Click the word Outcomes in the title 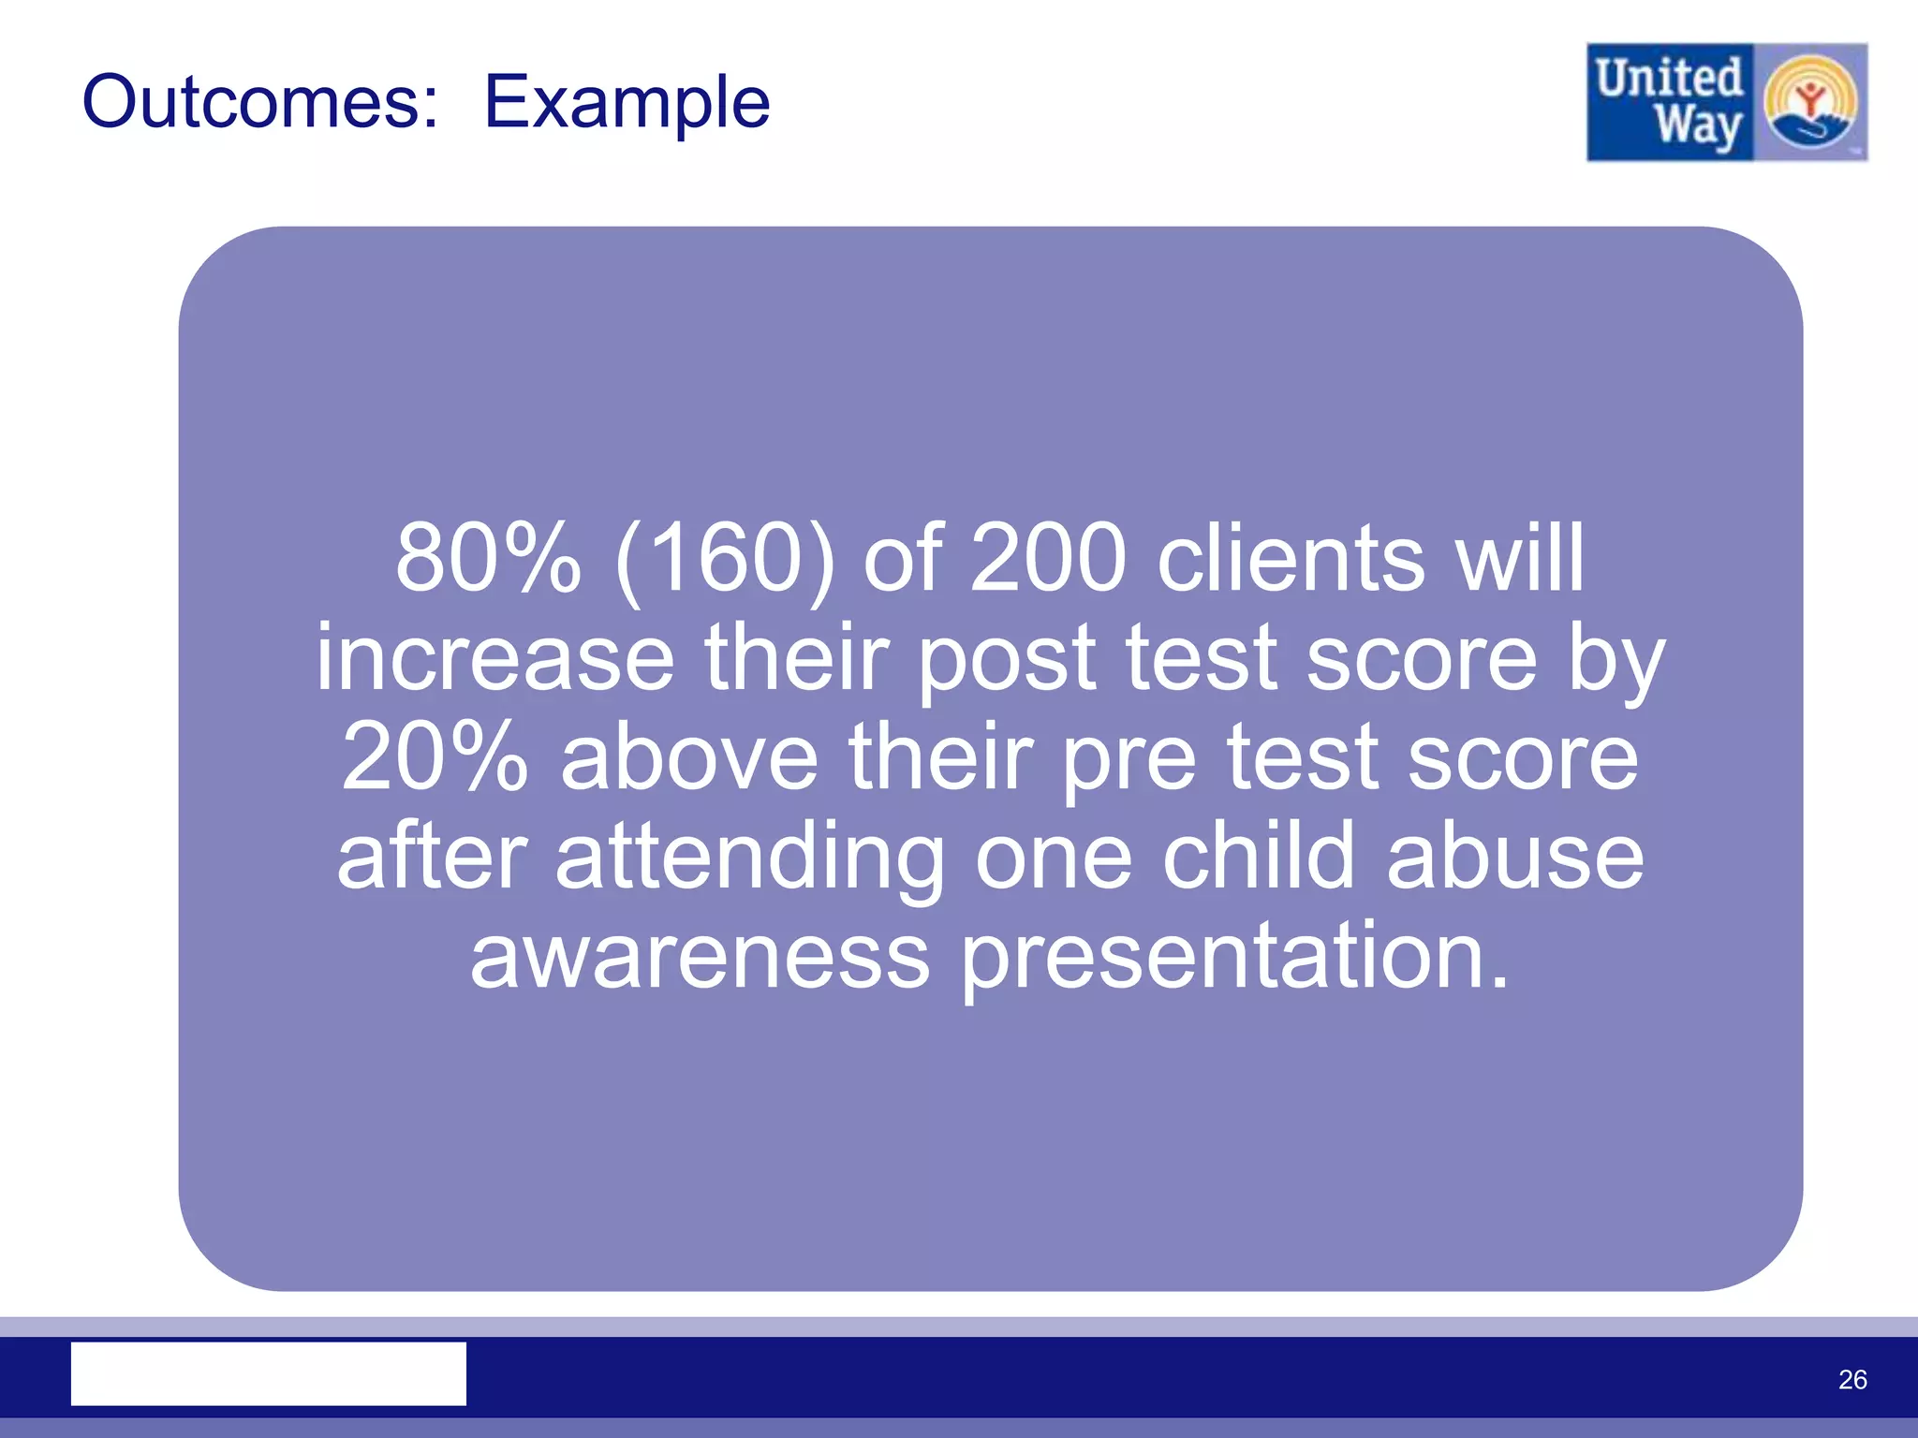pos(260,101)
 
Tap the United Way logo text pos(1670,102)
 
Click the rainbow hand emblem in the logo pos(1810,102)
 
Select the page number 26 pos(1852,1379)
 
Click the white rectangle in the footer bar pos(269,1373)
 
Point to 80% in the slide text pos(488,559)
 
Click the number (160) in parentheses pos(724,561)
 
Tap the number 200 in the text pos(1047,559)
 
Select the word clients pos(1291,559)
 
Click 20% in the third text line pos(435,757)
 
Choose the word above pos(689,757)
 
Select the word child pos(1258,856)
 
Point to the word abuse pos(1514,856)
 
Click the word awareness pos(700,956)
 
